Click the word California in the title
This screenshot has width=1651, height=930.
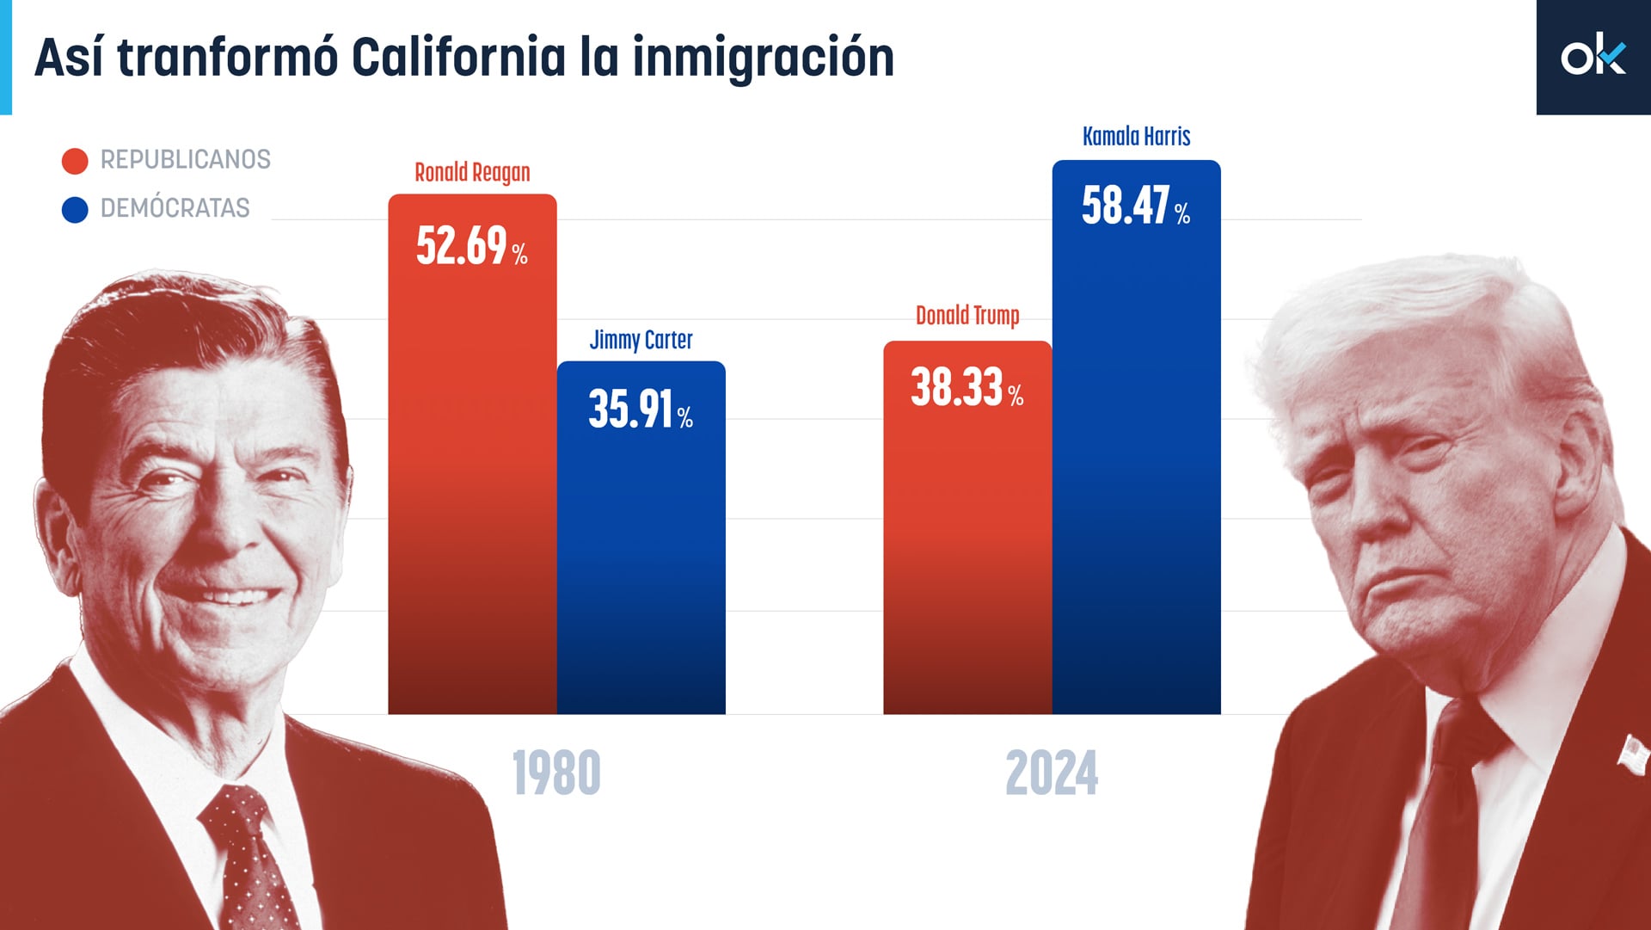click(458, 58)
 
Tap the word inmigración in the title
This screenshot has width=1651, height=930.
click(763, 58)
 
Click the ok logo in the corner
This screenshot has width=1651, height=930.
click(1593, 57)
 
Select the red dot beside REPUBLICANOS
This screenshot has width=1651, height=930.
click(75, 161)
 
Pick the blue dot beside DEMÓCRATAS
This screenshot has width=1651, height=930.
click(75, 210)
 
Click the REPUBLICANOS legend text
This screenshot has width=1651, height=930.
click(185, 160)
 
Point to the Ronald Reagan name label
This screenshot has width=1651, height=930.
click(472, 173)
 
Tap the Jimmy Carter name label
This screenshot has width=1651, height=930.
click(641, 341)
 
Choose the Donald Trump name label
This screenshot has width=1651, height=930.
click(967, 316)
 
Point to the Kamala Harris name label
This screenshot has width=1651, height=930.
click(1136, 137)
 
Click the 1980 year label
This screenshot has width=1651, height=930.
click(556, 773)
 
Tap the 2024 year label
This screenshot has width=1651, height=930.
click(1052, 773)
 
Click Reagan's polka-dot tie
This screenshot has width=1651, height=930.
click(249, 860)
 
